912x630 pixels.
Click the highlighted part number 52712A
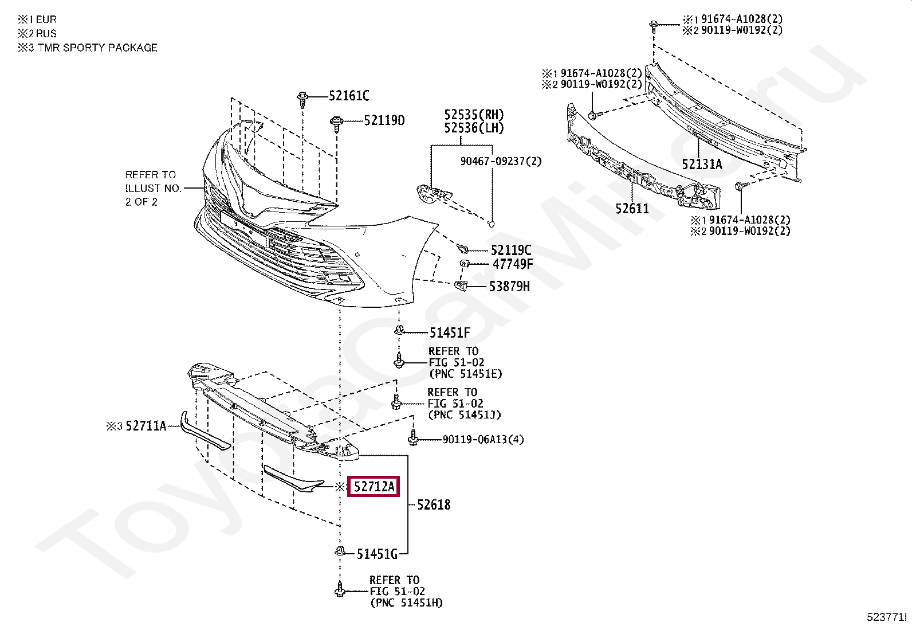[374, 487]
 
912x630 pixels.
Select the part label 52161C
[349, 96]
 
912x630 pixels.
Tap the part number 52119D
[384, 120]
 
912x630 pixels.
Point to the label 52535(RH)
[474, 115]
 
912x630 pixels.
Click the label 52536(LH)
[473, 128]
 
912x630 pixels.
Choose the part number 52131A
[702, 165]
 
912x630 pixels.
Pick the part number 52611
[632, 208]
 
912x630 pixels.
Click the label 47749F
[513, 264]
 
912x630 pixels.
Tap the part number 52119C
[511, 250]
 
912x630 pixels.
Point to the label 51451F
[450, 332]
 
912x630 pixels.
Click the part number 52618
[434, 505]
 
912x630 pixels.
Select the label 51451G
[377, 554]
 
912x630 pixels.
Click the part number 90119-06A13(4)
[483, 440]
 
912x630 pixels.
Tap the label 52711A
[146, 425]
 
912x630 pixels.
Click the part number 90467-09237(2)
[501, 162]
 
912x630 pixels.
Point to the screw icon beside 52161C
[302, 99]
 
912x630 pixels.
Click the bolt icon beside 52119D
[336, 123]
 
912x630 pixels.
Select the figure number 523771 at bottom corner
[886, 617]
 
